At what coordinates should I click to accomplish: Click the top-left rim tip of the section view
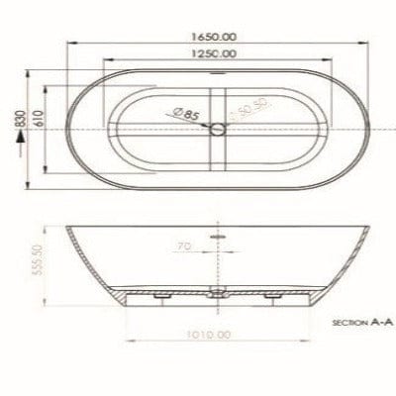[x=68, y=229]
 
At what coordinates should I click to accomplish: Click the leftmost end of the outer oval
[x=67, y=129]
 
